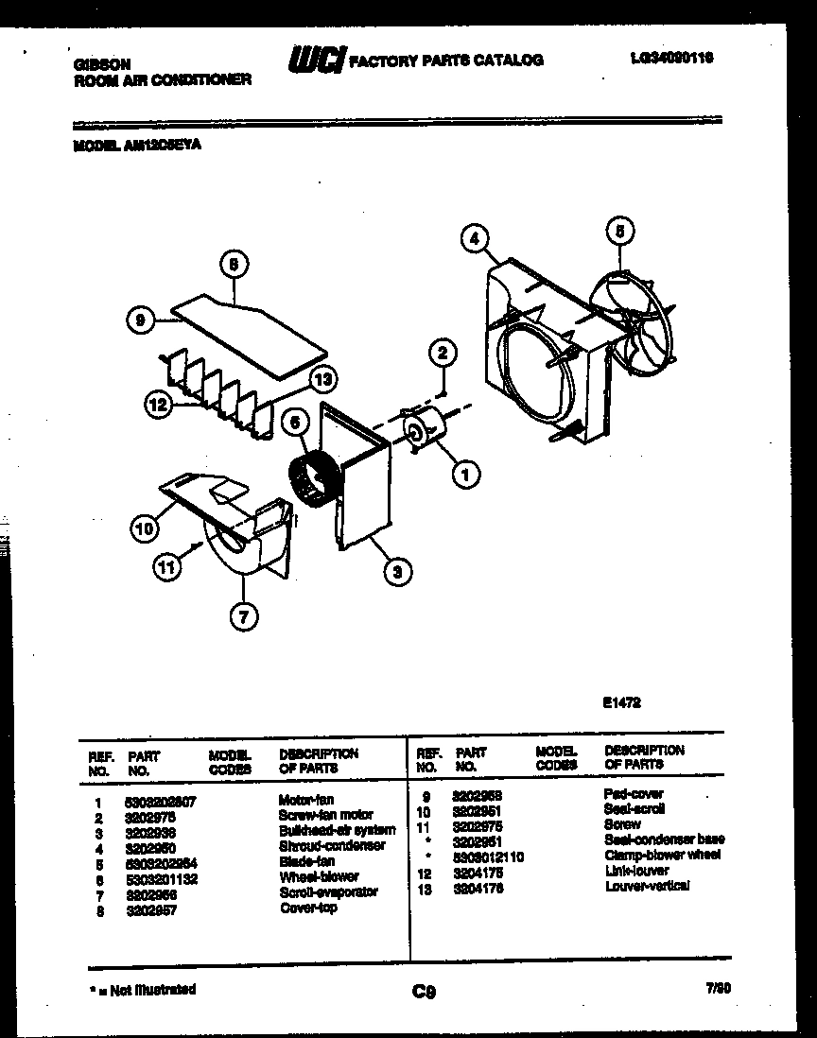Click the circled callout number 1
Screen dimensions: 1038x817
[x=464, y=475]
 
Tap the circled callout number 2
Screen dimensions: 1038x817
[x=442, y=354]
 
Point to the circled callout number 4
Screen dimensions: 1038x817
[x=476, y=239]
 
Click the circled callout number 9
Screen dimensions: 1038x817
[x=140, y=321]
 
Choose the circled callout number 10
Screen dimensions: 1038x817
[x=143, y=529]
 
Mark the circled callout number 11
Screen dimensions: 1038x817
[x=166, y=567]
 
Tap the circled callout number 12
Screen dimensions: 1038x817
[x=158, y=405]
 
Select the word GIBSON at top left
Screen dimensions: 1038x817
[x=101, y=63]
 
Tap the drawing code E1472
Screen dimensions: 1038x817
[x=622, y=702]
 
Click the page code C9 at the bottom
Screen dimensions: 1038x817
[x=424, y=992]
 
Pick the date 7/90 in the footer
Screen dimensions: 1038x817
[x=719, y=989]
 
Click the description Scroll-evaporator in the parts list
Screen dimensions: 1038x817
[x=328, y=891]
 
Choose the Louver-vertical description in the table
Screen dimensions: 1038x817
[x=648, y=885]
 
